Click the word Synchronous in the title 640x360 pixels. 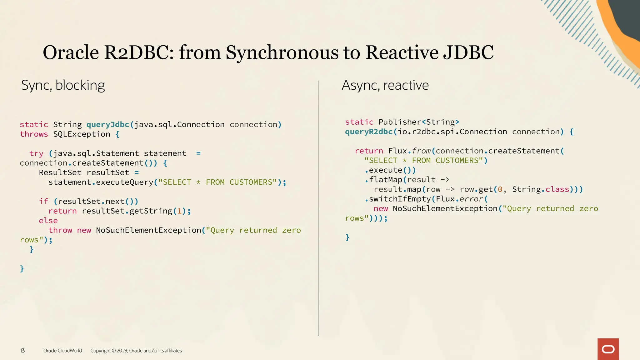pos(282,52)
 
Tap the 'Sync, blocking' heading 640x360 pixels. pos(63,85)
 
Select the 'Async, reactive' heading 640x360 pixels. pos(385,85)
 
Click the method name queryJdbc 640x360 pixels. pos(107,125)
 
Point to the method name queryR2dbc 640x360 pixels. pos(369,132)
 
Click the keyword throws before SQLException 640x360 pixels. pos(34,134)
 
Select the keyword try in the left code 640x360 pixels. pos(36,153)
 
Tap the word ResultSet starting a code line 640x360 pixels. pos(60,172)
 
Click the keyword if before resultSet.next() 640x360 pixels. pos(43,201)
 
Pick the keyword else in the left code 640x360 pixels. pos(48,221)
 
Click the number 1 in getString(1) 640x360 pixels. pos(179,211)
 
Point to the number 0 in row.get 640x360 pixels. pos(500,189)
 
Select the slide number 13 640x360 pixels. pos(22,351)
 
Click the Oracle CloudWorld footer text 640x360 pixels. pos(62,351)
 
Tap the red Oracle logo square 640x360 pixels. pos(608,349)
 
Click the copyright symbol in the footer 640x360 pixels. pos(114,351)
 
